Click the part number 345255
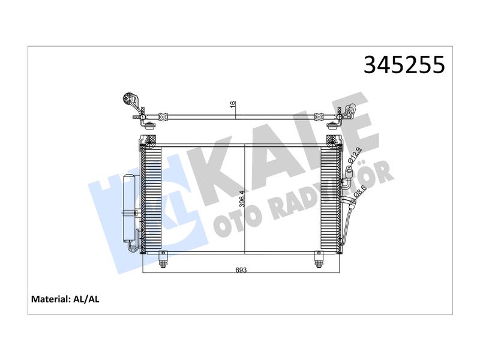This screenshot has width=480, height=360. click(x=404, y=65)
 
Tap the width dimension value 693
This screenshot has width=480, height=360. click(x=241, y=269)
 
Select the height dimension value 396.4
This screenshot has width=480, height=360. click(x=242, y=199)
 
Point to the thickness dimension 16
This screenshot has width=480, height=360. click(x=233, y=104)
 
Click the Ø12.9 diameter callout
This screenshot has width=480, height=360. click(x=355, y=156)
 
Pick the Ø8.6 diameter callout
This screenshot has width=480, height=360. click(x=359, y=191)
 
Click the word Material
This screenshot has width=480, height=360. click(x=50, y=299)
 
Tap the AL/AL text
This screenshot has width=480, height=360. click(x=86, y=299)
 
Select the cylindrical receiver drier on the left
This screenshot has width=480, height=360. click(x=129, y=208)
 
